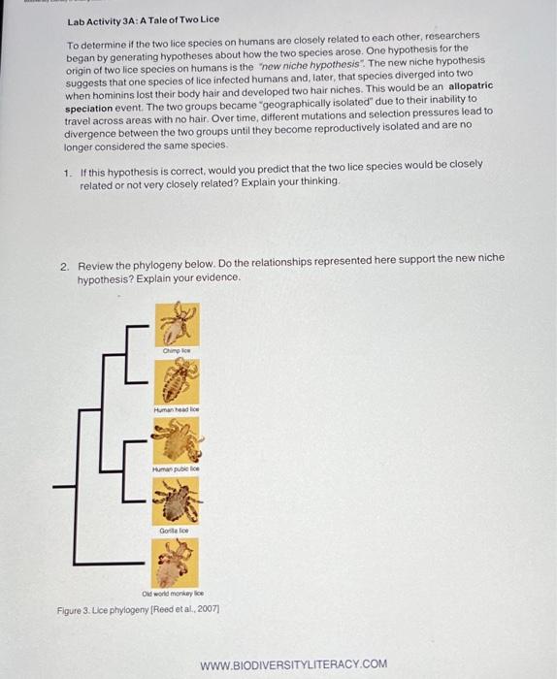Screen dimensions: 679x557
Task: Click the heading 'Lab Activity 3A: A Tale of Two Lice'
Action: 143,19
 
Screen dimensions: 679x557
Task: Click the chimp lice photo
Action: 178,322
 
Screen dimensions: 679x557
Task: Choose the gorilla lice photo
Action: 178,503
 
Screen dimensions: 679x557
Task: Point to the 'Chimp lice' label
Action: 178,349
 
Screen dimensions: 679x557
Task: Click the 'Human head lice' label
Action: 178,410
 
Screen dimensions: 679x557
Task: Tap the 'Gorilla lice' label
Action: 178,532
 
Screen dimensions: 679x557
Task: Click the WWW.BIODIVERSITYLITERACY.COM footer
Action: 292,664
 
